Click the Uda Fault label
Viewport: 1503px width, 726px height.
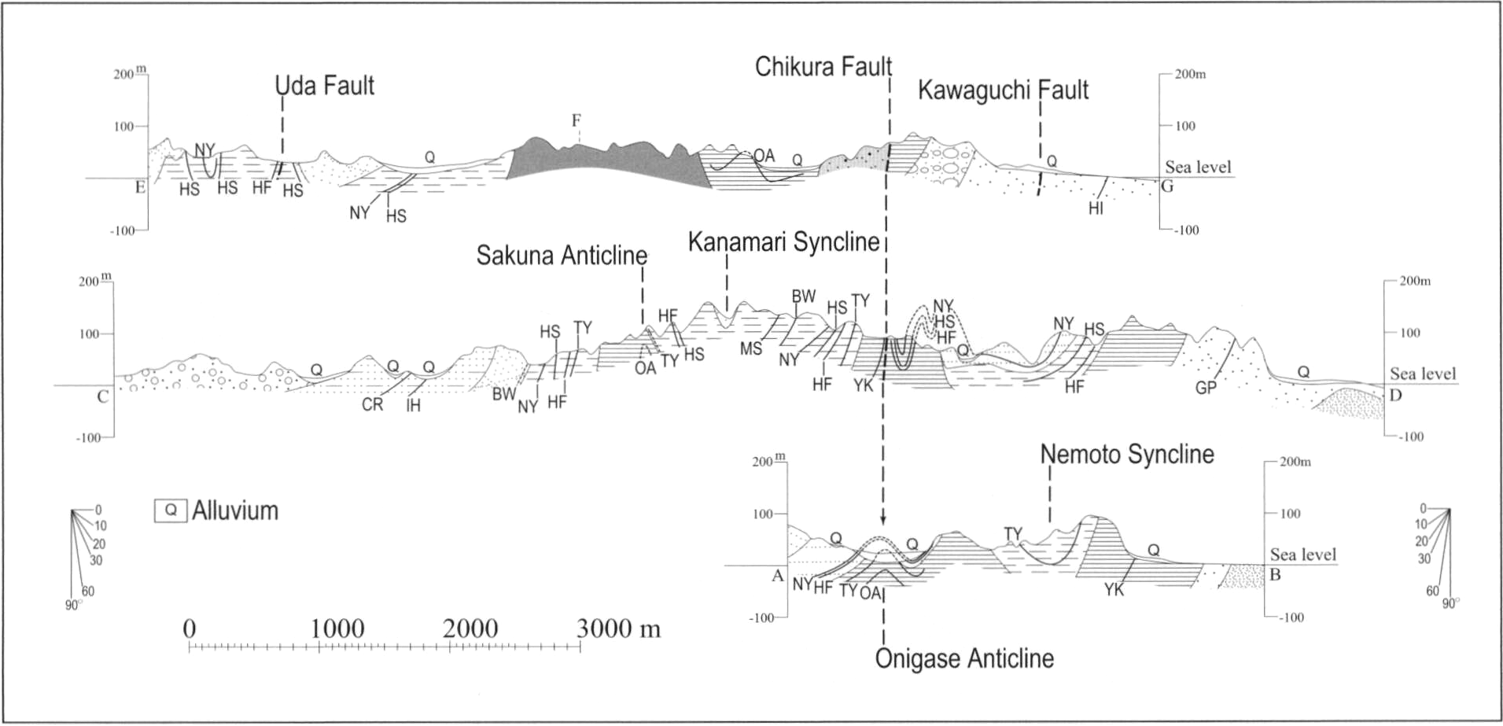(325, 85)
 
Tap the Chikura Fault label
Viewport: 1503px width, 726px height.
(823, 67)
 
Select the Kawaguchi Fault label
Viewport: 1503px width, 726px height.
(1004, 90)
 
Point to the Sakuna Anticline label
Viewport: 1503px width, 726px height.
(562, 256)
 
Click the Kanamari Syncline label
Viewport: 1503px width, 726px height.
(784, 242)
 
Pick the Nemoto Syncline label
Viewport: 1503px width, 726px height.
(1127, 454)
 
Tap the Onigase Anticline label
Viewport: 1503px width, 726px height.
(964, 658)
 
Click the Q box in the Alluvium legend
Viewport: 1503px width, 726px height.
(171, 510)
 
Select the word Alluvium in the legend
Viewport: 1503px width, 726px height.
(235, 510)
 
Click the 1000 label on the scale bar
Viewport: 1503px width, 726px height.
(337, 628)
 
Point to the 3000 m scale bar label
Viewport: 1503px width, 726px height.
(619, 628)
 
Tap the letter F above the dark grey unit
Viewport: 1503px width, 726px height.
(577, 120)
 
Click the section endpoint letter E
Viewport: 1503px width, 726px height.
(141, 186)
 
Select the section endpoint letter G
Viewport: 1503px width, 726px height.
(1167, 186)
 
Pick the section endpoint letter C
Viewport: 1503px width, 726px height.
(103, 396)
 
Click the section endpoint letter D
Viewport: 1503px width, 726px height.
(1395, 395)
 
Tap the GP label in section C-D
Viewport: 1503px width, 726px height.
(1206, 388)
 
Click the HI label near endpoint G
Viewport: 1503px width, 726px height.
(1096, 209)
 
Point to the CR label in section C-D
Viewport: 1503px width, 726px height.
(373, 405)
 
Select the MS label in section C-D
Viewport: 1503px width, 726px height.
(751, 348)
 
